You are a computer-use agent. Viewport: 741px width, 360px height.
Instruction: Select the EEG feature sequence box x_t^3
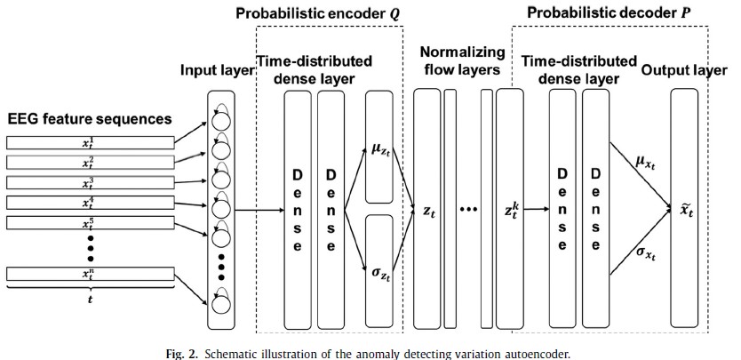coord(86,182)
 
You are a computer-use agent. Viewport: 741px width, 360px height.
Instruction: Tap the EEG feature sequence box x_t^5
coord(86,222)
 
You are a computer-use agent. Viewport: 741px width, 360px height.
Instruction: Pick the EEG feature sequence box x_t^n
coord(86,273)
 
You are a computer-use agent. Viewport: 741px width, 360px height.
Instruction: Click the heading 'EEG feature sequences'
coord(89,117)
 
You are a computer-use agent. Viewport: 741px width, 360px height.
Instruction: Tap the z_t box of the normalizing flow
coord(428,211)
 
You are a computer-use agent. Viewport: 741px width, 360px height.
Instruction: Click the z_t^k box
coord(509,211)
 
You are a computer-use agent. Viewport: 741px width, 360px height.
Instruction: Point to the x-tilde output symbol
coord(684,211)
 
